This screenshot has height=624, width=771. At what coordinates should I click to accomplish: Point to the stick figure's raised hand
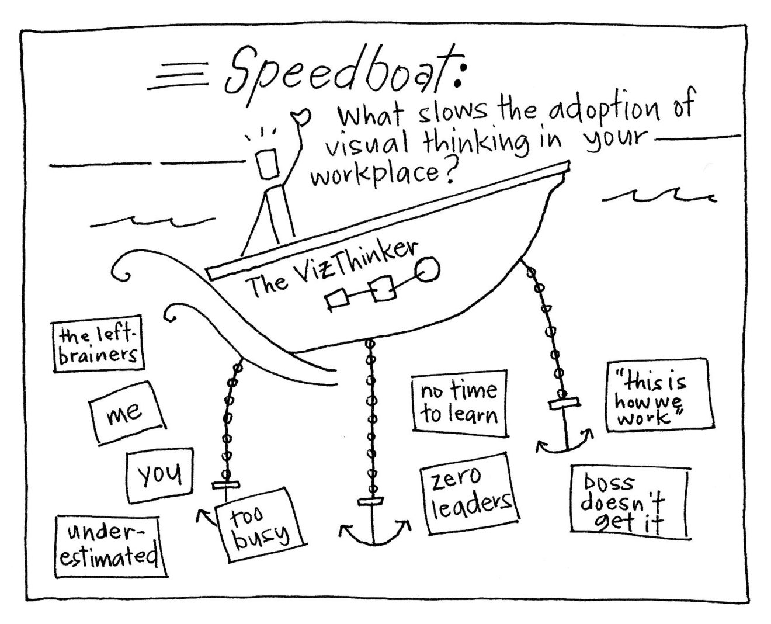(302, 117)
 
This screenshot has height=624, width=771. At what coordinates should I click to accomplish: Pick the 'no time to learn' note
(459, 403)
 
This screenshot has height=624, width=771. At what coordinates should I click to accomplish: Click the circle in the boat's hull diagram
(428, 269)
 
